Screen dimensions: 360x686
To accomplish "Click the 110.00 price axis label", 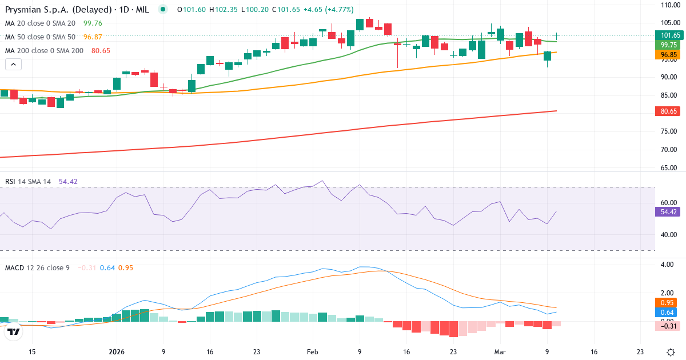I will pos(669,5).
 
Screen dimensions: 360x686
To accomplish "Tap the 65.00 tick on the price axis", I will pos(669,168).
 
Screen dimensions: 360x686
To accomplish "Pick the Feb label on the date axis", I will pos(312,352).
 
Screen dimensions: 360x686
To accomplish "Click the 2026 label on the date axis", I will pos(116,352).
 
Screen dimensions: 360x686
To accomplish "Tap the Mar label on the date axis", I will pos(500,352).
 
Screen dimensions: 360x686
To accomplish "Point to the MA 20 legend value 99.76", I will pos(93,23).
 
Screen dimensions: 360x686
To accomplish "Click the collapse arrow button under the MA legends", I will pos(13,64).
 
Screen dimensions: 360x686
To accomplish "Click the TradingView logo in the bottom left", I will pos(14,331).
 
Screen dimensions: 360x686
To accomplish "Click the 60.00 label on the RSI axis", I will pos(669,202).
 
